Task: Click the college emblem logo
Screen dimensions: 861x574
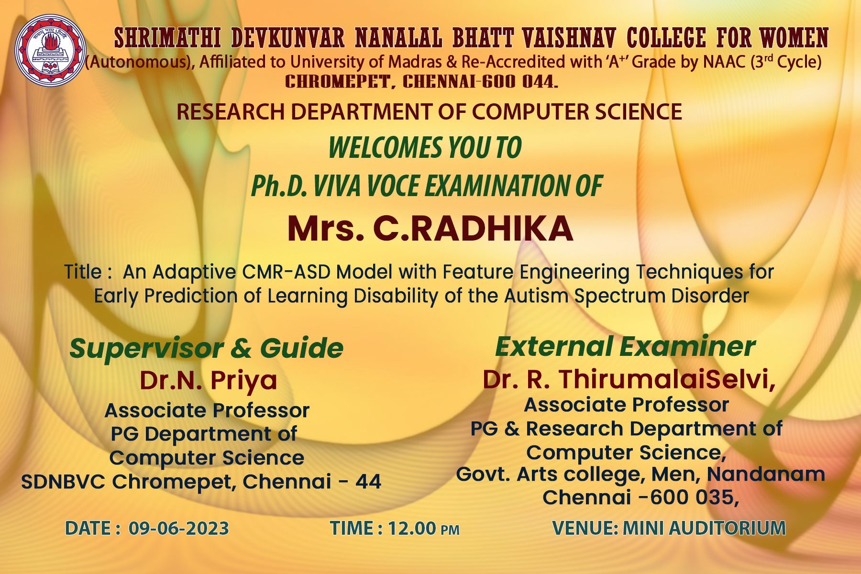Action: (x=50, y=50)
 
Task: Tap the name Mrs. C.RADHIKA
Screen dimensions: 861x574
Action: (x=430, y=229)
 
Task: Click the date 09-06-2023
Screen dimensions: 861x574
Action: (x=179, y=529)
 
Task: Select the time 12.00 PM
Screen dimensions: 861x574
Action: (x=423, y=529)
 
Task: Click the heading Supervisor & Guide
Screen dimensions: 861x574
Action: (x=207, y=348)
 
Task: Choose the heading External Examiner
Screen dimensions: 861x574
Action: (x=625, y=346)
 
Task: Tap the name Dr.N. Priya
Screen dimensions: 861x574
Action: (x=209, y=381)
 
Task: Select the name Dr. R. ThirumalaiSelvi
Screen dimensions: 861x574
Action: (x=629, y=379)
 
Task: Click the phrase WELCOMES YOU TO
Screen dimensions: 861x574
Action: (x=425, y=147)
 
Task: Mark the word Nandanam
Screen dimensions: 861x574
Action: (x=766, y=474)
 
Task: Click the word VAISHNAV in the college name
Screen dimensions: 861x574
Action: (x=569, y=38)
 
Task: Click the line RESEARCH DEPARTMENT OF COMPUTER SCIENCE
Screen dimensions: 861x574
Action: (x=429, y=112)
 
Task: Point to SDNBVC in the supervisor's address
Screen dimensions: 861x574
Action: (x=63, y=482)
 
